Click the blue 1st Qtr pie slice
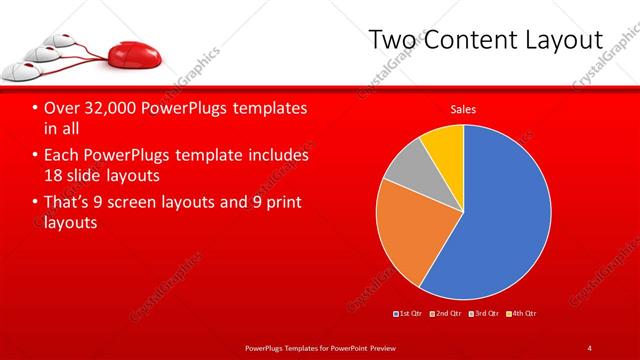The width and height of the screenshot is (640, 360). click(500, 215)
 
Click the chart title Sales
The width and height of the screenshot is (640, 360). click(463, 109)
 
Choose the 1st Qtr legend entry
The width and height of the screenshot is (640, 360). click(408, 315)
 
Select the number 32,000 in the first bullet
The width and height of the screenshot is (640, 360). click(101, 108)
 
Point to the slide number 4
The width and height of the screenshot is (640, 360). click(590, 347)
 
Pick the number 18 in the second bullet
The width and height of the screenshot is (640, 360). click(53, 177)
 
